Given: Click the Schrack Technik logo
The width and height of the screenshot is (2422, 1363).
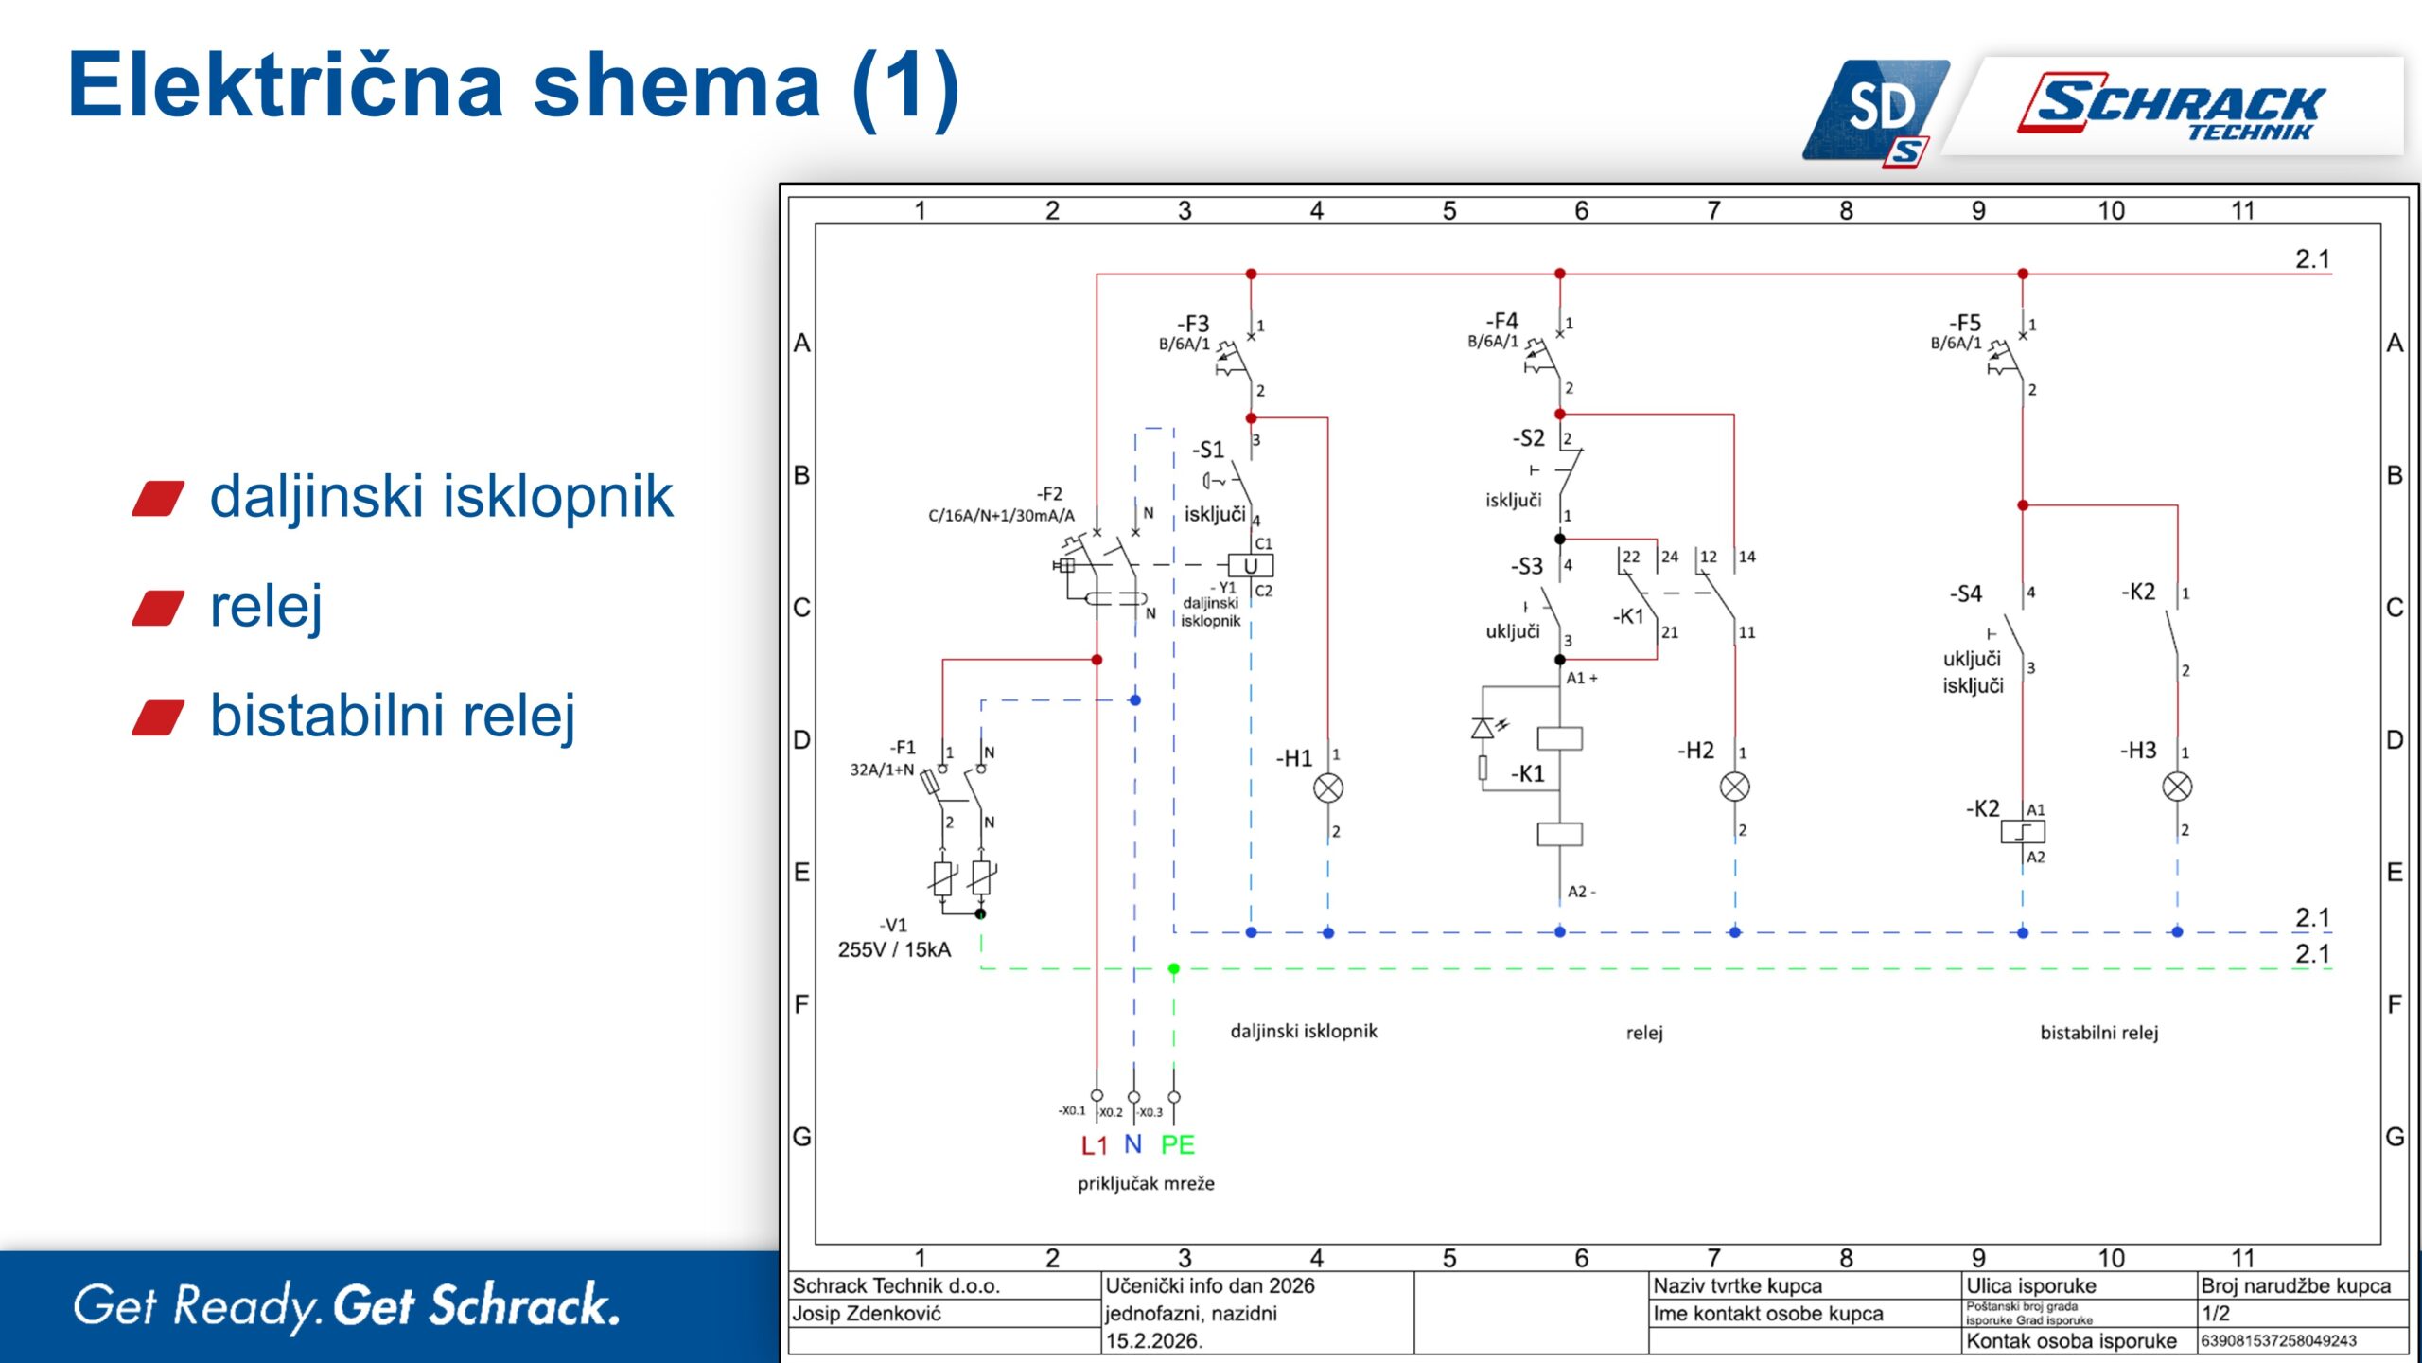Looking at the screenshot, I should (x=2176, y=106).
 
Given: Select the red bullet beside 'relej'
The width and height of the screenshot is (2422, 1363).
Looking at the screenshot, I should (x=158, y=608).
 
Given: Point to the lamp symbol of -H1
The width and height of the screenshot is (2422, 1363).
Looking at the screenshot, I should (x=1328, y=788).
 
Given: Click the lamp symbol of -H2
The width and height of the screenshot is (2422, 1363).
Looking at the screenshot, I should (x=1734, y=787).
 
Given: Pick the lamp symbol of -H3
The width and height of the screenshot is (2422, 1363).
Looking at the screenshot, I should (x=2177, y=787).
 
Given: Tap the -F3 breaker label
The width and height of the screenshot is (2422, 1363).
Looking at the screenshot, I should (x=1193, y=324).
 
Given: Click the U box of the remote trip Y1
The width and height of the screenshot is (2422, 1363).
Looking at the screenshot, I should (x=1251, y=566).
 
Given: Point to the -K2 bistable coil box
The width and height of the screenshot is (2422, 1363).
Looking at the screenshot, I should (x=2023, y=832).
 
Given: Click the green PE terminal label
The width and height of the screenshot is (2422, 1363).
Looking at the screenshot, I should (x=1177, y=1145).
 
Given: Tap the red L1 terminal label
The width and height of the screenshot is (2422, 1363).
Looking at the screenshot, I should (x=1094, y=1145).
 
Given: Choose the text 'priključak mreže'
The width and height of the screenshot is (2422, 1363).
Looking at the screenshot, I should (x=1146, y=1184).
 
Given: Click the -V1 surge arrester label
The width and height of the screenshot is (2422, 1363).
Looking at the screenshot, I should (x=893, y=925).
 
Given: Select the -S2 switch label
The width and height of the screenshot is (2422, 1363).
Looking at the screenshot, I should (x=1528, y=438).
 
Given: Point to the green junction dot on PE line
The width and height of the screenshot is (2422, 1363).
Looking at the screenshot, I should (x=1174, y=968).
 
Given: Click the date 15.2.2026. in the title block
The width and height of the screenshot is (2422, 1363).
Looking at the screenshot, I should (x=1153, y=1341).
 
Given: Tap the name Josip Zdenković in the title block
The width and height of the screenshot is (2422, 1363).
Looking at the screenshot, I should (x=867, y=1314).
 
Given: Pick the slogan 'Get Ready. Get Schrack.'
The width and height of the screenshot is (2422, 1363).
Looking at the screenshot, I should (x=346, y=1306).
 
